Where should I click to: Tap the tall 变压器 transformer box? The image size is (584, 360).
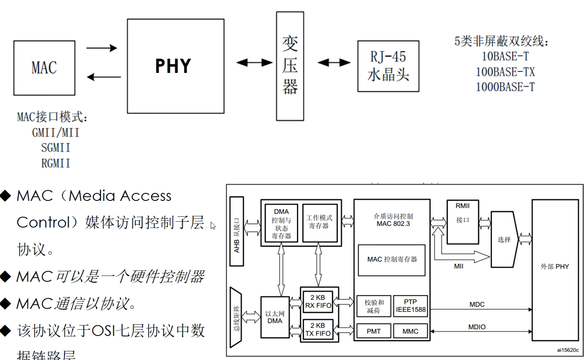tap(290, 66)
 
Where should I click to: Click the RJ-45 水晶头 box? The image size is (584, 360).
tap(388, 66)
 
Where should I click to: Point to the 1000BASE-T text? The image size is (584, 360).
tap(505, 87)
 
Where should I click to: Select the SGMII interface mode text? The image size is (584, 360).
tap(56, 148)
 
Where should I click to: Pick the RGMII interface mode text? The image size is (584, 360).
tap(56, 163)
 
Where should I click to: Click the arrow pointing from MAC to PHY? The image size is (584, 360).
tap(102, 48)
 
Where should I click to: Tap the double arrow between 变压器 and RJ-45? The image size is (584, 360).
tap(334, 63)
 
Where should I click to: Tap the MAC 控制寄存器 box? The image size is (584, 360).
tap(392, 260)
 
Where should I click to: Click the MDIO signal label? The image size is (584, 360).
tap(477, 327)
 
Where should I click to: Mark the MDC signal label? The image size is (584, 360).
tap(477, 305)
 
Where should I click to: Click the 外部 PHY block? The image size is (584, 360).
tap(555, 267)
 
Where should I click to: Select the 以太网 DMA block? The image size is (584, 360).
tap(275, 317)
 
